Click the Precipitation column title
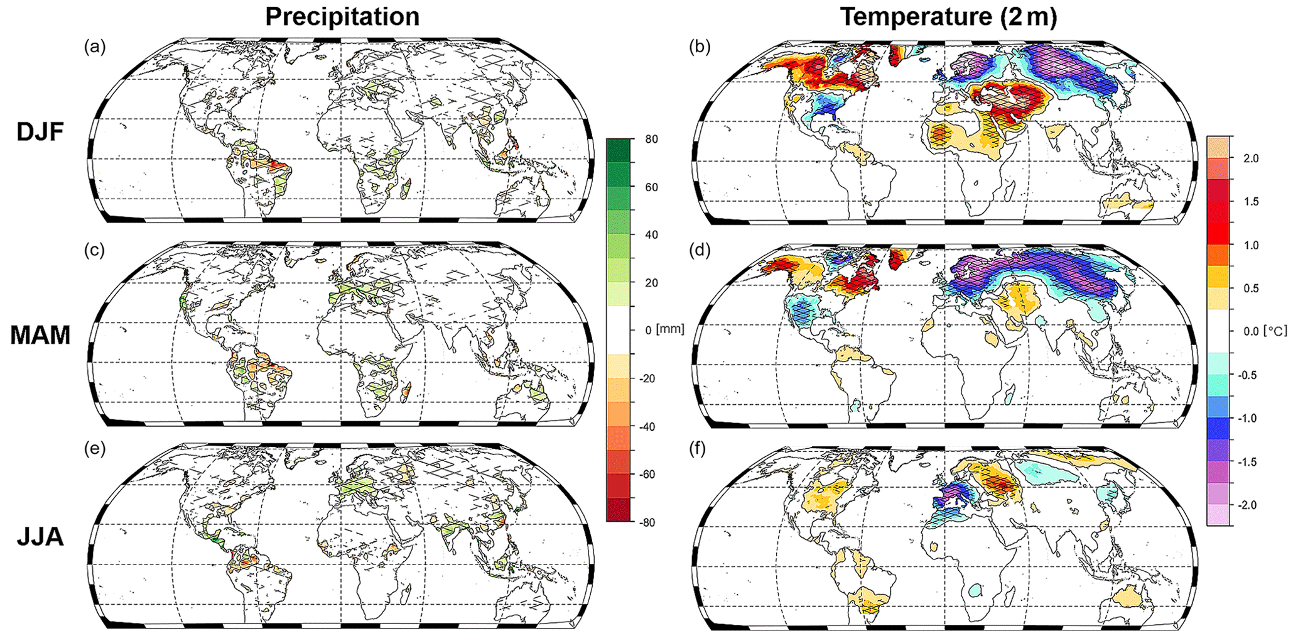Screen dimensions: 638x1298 point(342,17)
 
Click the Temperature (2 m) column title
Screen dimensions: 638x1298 point(948,17)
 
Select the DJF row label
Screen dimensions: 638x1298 point(40,133)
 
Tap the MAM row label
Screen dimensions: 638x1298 point(40,335)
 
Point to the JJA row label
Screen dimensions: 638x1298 point(40,538)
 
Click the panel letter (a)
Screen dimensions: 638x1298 point(95,47)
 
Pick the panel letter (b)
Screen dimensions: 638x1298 point(700,47)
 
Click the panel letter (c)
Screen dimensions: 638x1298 point(95,250)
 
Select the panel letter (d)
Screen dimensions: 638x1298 point(700,250)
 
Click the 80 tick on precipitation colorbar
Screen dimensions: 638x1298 point(651,139)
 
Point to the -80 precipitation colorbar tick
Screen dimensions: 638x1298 point(649,522)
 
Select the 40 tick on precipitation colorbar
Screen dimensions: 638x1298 point(651,235)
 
